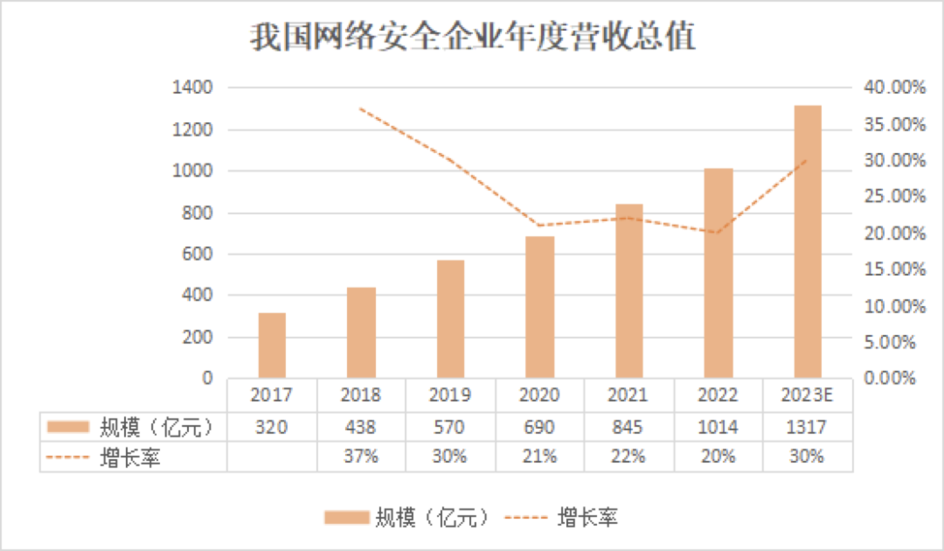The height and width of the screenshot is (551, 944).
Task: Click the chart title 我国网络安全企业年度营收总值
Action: pos(472,38)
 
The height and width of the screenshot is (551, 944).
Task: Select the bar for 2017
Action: pos(272,345)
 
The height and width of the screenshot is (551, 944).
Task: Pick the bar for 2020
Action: pos(539,307)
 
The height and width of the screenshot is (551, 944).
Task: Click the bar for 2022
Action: pos(718,273)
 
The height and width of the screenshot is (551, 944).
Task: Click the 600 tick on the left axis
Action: pos(201,255)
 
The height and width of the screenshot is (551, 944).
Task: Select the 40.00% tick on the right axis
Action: pos(893,88)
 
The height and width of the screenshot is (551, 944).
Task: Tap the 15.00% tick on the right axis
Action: pos(893,270)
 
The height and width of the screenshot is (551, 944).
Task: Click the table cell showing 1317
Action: pos(807,427)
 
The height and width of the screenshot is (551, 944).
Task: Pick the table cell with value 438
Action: pos(361,427)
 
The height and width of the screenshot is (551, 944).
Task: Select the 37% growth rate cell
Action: pos(361,457)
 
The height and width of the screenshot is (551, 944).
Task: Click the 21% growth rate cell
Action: pos(539,457)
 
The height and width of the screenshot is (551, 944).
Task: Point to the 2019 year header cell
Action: pos(450,395)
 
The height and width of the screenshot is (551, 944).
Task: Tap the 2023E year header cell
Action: pos(807,395)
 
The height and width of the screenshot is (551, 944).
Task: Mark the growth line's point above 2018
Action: pos(361,108)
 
